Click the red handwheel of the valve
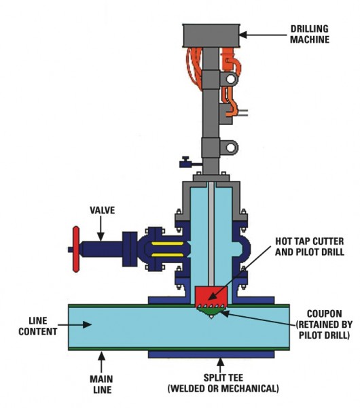[76, 249]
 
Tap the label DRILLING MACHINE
[310, 34]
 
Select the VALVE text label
[102, 210]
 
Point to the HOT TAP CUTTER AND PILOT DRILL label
[310, 246]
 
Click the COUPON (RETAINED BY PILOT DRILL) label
[324, 324]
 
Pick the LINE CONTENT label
[37, 326]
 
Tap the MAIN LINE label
[101, 384]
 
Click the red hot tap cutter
[211, 296]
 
